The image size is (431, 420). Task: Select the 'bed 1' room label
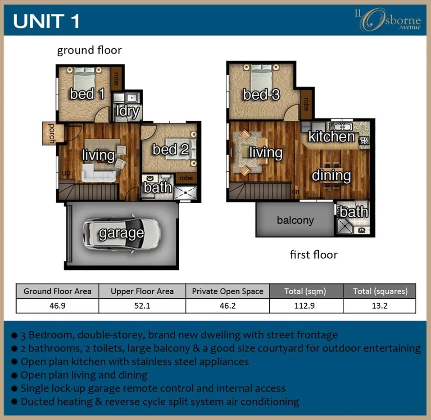pos(87,94)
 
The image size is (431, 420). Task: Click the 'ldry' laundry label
pos(127,111)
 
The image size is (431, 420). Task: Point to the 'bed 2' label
pos(170,149)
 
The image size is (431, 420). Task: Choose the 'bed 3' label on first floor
pos(261,95)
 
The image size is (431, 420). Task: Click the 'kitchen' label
pos(331,136)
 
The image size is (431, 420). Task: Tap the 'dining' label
pos(331,175)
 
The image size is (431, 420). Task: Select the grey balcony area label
pos(295,220)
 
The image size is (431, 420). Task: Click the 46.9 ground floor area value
pos(57,306)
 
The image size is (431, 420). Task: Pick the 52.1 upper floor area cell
pos(142,306)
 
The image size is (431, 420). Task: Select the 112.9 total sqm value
pos(306,306)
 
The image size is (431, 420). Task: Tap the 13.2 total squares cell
pos(380,306)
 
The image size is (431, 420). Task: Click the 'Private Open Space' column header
pos(227,291)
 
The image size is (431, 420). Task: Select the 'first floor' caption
pos(313,255)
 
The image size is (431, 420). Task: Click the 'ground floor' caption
pos(89,50)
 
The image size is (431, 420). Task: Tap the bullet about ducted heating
pos(160,401)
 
